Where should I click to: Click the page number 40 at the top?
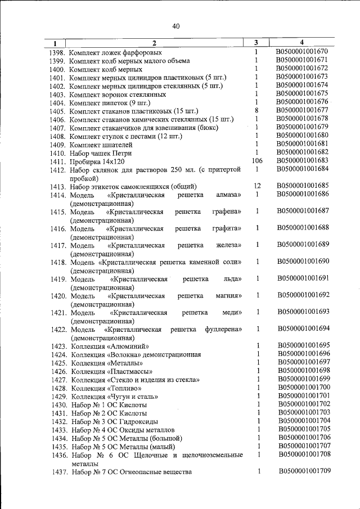176,26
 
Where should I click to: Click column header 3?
256,42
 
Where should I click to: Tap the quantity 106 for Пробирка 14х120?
256,161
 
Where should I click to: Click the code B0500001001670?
302,52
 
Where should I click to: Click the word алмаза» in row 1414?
228,195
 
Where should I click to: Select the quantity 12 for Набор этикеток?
256,186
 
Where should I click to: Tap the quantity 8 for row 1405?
256,110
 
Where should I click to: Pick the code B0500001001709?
304,471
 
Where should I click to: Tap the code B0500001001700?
304,388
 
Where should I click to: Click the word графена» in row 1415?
227,211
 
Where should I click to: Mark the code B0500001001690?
303,262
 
